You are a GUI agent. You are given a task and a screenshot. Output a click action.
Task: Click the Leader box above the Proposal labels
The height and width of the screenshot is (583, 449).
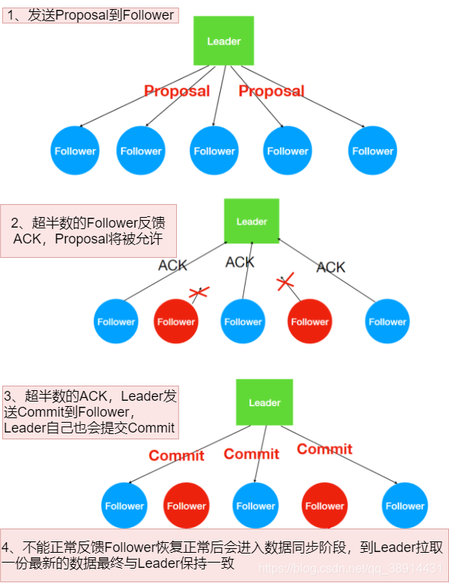(x=224, y=42)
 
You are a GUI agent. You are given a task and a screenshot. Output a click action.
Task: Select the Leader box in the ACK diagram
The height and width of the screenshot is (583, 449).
(x=252, y=221)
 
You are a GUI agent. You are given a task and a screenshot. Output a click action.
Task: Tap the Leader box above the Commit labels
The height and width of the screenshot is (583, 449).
(x=265, y=402)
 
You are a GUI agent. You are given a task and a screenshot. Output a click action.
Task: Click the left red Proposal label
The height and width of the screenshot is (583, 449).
(x=177, y=91)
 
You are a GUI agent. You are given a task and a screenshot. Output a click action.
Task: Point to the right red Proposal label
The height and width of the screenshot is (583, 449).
(x=271, y=91)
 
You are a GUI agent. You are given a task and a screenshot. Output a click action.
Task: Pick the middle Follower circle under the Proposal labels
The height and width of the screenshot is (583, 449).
(x=215, y=150)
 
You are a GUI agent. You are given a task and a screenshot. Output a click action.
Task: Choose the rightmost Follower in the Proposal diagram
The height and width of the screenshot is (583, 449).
(x=373, y=150)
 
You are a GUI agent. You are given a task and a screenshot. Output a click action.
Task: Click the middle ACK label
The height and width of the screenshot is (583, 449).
(x=240, y=262)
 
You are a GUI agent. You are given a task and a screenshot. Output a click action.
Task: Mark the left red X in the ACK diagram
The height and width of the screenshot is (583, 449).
(x=199, y=292)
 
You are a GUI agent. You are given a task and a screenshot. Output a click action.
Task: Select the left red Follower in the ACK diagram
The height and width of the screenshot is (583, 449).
(x=176, y=321)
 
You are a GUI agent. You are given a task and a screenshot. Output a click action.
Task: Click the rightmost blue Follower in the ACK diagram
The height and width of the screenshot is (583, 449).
(x=387, y=321)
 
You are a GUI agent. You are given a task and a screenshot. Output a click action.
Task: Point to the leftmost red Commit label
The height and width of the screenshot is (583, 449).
(x=176, y=455)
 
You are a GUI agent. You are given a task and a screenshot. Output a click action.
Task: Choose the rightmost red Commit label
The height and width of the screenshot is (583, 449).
(x=324, y=449)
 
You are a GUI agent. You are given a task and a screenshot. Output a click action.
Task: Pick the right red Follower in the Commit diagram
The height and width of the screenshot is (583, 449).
(x=324, y=506)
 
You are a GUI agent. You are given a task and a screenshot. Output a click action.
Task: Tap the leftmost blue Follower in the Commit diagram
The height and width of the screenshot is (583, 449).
(x=124, y=506)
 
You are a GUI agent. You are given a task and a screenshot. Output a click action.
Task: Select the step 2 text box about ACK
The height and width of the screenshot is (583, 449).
(x=88, y=231)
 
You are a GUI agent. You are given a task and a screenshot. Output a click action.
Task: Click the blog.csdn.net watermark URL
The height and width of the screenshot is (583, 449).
(x=348, y=567)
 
